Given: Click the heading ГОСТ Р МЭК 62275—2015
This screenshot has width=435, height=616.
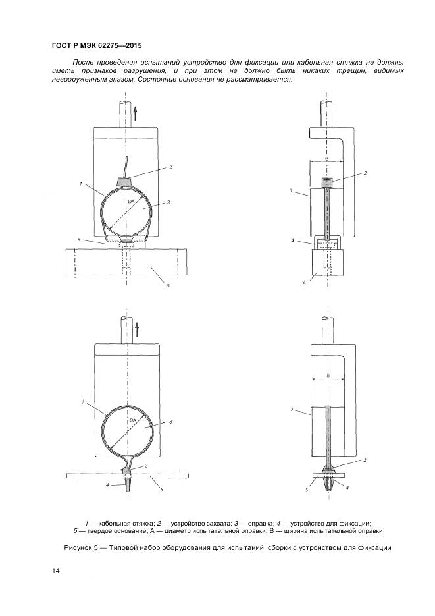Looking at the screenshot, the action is point(97,45).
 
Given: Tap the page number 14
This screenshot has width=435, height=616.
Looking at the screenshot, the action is point(55,571).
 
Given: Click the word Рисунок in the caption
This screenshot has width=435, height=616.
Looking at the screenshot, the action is point(78,547).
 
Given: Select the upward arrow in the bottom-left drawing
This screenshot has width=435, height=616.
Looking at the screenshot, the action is point(137,330).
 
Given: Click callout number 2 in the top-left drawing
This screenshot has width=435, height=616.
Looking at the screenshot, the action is point(170,167).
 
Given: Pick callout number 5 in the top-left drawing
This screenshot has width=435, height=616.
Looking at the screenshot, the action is point(168,286).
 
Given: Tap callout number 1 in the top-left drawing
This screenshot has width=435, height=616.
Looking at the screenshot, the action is point(80,183).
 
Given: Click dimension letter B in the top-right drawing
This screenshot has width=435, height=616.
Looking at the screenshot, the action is point(326,158).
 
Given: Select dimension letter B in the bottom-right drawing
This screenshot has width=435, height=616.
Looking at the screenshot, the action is point(328,376).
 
